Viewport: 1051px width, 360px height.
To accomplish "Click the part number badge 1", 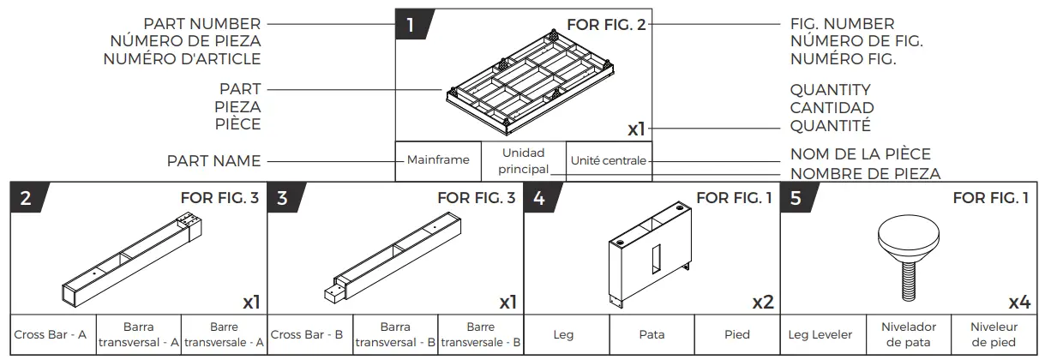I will (x=411, y=25).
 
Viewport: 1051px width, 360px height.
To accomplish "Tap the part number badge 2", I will (x=27, y=199).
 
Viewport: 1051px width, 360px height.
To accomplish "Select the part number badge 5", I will (x=796, y=199).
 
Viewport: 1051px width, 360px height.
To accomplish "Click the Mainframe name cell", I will (x=437, y=160).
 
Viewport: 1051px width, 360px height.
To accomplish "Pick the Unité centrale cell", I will (x=608, y=160).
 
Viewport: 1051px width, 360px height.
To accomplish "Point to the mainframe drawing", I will (x=523, y=86).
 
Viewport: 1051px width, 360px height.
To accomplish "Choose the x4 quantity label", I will (x=1018, y=302).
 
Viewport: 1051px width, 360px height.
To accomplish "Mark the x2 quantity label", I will (x=762, y=302).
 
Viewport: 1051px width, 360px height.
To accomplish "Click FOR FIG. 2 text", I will (x=606, y=25).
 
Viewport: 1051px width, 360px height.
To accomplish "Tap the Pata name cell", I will (x=652, y=334).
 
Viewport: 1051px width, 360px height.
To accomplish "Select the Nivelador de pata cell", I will (x=909, y=334).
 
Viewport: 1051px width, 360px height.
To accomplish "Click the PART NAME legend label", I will (x=214, y=160).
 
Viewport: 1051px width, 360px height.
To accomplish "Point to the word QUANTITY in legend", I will (x=830, y=90).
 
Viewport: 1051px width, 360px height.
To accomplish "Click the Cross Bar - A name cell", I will (x=51, y=334).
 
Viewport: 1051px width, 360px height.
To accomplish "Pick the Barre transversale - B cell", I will (x=480, y=334).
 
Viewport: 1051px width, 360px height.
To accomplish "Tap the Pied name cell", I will (x=737, y=334).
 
